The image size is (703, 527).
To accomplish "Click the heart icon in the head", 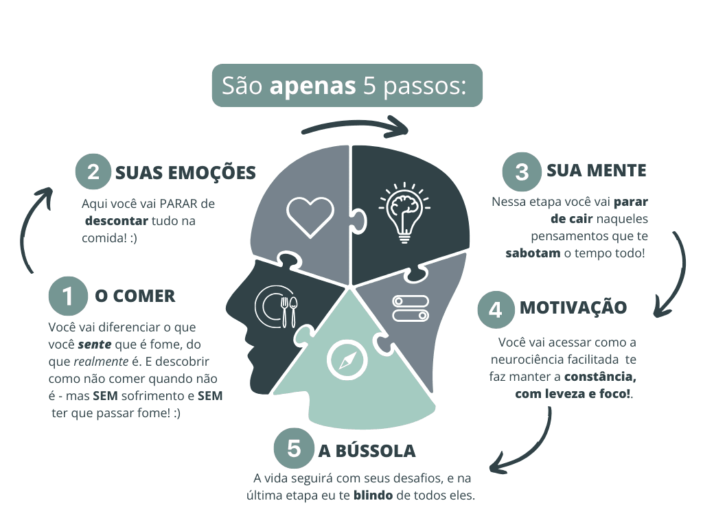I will pos(310,216).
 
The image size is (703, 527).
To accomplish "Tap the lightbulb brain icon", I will pos(404,212).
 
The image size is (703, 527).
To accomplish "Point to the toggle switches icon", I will pos(411,308).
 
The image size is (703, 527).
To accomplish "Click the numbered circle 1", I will pos(68,296).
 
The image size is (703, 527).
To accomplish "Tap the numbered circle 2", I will pos(93,172).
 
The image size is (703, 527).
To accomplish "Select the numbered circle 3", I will pos(521,171).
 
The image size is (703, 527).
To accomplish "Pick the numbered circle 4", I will pos(496,309).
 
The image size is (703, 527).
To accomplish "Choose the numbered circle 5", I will pos(294,449).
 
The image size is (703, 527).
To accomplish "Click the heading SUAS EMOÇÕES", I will pos(185,172).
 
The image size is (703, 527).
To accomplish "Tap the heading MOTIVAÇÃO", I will pos(573,307).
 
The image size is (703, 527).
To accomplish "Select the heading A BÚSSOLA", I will pos(367,451).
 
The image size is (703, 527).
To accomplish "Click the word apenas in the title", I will pos(312,86).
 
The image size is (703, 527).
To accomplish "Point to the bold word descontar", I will pos(117,221).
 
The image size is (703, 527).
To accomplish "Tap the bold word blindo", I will pos(373,495).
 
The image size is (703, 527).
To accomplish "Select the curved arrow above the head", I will pos(355,125).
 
